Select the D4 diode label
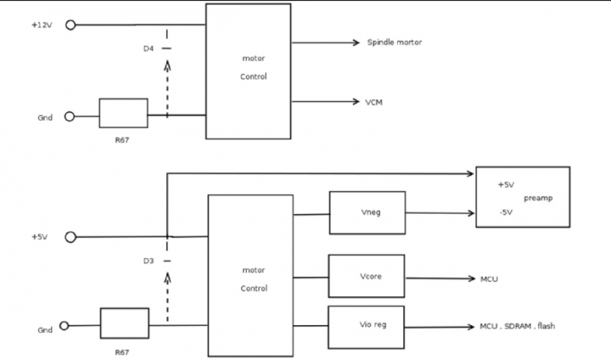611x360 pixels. (x=149, y=48)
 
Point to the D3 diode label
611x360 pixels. (x=149, y=261)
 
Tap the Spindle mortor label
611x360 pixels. (x=395, y=42)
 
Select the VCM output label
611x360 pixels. (x=373, y=102)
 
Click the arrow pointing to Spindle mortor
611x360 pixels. (x=325, y=42)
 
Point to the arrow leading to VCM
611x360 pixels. (x=325, y=102)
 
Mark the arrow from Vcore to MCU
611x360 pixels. (x=440, y=278)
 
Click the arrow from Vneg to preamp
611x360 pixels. (x=440, y=213)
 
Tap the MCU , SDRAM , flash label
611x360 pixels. (x=518, y=326)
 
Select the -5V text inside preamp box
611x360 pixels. (x=506, y=212)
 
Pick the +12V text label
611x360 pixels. (x=42, y=25)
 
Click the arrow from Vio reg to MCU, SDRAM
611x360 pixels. (x=440, y=327)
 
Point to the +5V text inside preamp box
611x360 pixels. (x=506, y=185)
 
